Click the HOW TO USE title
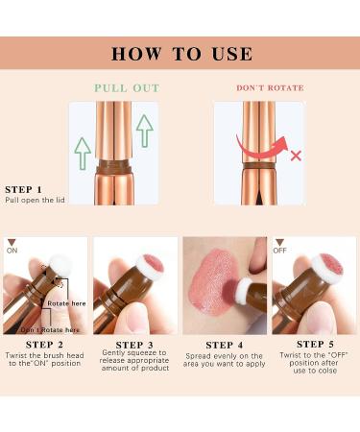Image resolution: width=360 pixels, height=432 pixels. click(x=180, y=53)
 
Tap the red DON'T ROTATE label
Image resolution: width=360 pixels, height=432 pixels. click(x=270, y=87)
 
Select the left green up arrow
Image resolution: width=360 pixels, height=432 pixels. click(x=84, y=152)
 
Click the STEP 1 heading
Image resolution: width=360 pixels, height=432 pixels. click(x=25, y=190)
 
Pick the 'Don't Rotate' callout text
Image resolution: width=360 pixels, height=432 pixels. click(x=42, y=329)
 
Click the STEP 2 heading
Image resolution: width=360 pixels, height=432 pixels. click(x=46, y=344)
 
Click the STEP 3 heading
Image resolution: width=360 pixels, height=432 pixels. click(x=135, y=344)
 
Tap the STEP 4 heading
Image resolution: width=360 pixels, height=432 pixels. click(x=225, y=344)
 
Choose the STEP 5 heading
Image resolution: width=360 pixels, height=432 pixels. click(x=314, y=344)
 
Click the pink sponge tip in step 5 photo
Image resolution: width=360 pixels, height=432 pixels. click(x=329, y=265)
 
